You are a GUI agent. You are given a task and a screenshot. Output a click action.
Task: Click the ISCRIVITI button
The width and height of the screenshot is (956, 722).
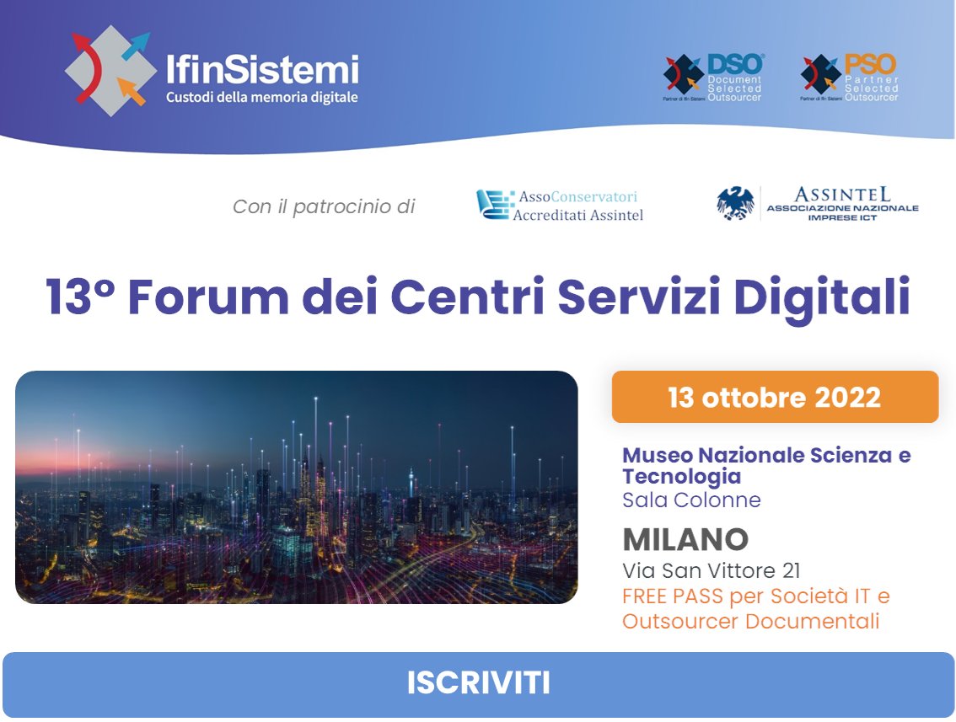pos(478,683)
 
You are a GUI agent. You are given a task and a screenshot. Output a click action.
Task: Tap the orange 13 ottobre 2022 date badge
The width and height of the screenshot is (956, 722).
pos(775,397)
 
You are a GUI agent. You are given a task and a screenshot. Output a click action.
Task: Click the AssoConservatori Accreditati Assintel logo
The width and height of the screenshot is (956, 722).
pos(560,205)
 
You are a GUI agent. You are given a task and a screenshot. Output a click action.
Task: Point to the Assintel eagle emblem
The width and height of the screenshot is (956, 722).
pos(735,204)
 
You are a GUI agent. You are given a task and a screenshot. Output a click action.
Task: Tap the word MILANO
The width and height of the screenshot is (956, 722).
pos(685,539)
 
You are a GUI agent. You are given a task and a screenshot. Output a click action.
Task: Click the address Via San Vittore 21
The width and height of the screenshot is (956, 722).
pos(712,570)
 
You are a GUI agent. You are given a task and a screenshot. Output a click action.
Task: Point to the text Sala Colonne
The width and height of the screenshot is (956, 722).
pos(691,500)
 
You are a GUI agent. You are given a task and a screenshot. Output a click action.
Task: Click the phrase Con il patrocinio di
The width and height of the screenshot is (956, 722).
pos(324,206)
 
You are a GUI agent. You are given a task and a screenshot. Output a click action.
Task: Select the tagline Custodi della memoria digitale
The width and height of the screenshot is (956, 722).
pos(262,97)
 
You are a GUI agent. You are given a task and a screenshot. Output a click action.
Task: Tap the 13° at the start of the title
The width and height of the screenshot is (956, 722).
pos(79,298)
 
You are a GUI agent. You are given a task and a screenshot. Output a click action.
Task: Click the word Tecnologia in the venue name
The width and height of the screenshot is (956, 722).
pos(670,477)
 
